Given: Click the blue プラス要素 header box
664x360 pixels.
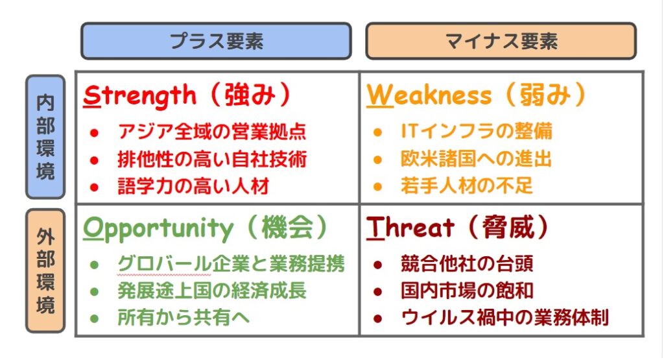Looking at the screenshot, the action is coord(216,41).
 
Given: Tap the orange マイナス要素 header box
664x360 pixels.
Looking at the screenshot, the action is coord(501,41).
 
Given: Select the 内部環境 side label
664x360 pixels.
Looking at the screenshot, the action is coord(45,137).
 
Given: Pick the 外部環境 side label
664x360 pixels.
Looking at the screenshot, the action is coord(45,270).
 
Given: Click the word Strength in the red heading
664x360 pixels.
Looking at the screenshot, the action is coord(140,96).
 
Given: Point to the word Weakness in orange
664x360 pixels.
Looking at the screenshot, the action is coord(429,95).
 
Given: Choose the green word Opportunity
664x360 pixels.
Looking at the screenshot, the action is coord(158,230).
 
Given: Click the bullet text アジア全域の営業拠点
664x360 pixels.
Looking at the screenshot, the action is coord(212,132).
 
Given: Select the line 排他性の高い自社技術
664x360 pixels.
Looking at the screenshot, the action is coord(212,160).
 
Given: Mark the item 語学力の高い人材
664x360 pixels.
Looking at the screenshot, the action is coord(193,186).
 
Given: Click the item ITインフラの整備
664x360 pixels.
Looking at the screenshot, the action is coord(477,131).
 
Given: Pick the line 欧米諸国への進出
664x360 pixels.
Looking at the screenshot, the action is coord(477,159).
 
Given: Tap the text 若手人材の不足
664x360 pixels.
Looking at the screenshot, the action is coord(467,186).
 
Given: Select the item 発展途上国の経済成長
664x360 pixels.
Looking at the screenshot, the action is coord(212,291).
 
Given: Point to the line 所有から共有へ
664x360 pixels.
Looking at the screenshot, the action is coord(184,318).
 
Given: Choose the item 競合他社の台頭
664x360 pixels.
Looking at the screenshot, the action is coord(467,263).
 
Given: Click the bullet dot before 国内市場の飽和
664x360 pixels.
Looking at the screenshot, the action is coord(378,292).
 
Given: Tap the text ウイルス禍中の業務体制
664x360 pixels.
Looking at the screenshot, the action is coord(504,318).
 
